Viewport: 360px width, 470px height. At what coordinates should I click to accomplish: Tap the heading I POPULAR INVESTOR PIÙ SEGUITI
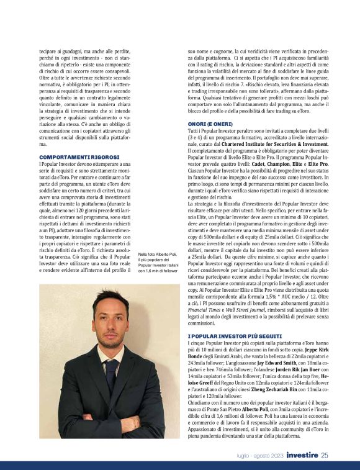coord(230,335)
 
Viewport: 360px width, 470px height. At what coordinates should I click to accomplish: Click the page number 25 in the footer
coord(325,455)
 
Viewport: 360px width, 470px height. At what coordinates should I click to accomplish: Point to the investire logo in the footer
coord(302,455)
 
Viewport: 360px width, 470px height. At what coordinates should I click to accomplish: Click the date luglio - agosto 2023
coord(260,456)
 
